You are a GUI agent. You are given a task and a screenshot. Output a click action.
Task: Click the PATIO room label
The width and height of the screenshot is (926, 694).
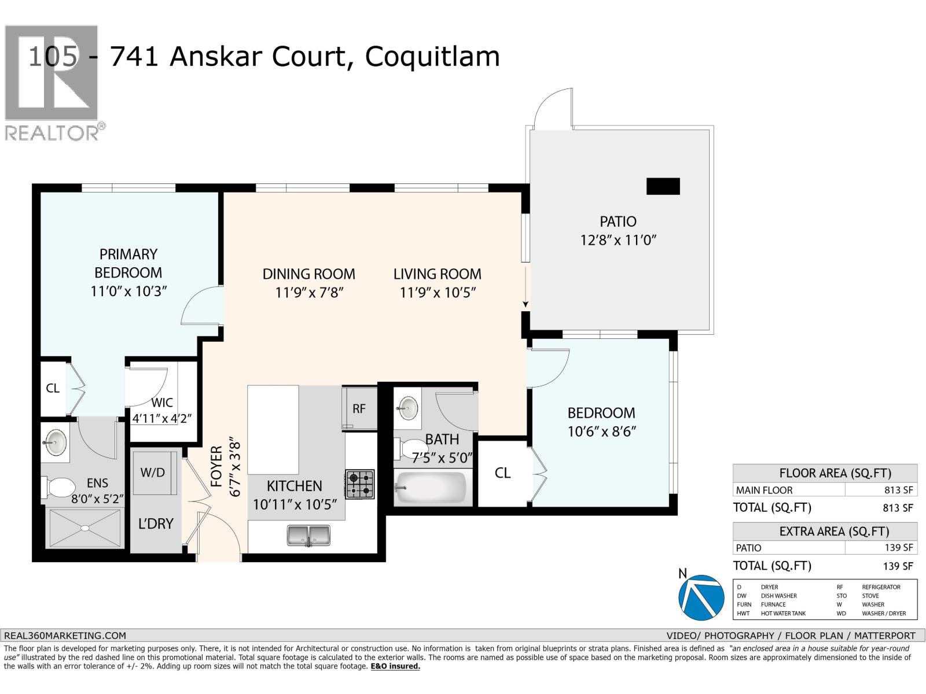pyautogui.click(x=618, y=222)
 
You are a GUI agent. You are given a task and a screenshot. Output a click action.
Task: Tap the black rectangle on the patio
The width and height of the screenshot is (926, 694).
pyautogui.click(x=663, y=186)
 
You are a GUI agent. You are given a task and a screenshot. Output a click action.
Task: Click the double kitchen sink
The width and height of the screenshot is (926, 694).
pyautogui.click(x=308, y=535)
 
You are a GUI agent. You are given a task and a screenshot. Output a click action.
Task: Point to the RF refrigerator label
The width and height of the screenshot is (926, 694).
pyautogui.click(x=359, y=409)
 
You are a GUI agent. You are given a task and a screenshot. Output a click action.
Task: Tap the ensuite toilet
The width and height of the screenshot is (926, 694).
pyautogui.click(x=58, y=487)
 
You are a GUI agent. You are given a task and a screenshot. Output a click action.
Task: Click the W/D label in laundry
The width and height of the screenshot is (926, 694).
pyautogui.click(x=153, y=472)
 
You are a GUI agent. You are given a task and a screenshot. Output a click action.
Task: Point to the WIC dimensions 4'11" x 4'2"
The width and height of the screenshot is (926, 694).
pyautogui.click(x=162, y=418)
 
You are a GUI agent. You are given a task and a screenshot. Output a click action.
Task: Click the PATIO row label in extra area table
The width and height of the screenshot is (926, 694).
pyautogui.click(x=748, y=548)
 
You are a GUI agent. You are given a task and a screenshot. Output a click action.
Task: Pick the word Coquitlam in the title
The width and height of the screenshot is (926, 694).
pyautogui.click(x=432, y=57)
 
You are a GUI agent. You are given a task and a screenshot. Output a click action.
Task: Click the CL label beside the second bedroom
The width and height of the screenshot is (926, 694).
pyautogui.click(x=502, y=473)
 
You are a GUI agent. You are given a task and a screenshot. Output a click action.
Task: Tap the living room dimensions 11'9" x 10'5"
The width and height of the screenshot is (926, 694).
pyautogui.click(x=438, y=293)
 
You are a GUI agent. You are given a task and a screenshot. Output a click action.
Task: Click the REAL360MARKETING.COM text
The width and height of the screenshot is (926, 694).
pyautogui.click(x=65, y=635)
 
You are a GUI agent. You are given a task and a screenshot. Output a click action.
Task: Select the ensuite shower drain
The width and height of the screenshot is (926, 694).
pyautogui.click(x=84, y=527)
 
